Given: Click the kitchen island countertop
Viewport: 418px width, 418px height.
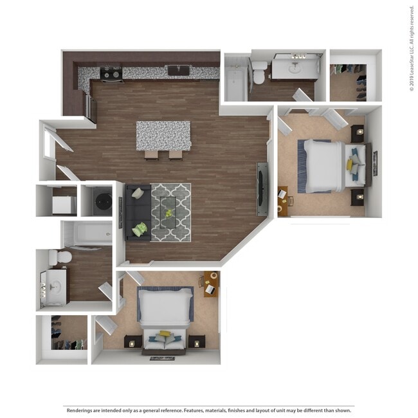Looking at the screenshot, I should pyautogui.click(x=163, y=134).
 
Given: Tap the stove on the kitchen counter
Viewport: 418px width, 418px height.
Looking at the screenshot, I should pyautogui.click(x=111, y=74).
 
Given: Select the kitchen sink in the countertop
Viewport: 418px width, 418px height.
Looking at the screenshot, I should pyautogui.click(x=178, y=70).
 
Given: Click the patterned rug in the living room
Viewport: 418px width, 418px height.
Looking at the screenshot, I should pyautogui.click(x=170, y=212).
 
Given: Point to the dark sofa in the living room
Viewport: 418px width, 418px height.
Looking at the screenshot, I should pyautogui.click(x=137, y=212).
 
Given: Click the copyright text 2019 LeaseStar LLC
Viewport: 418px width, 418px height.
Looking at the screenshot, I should pyautogui.click(x=412, y=48).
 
